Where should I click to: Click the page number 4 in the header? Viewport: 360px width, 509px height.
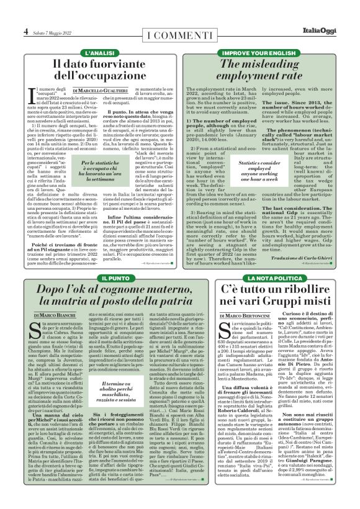[x=25, y=30]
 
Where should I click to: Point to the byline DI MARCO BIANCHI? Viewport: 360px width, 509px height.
[x=50, y=299]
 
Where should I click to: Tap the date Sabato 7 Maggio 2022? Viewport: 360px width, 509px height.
[x=54, y=32]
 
